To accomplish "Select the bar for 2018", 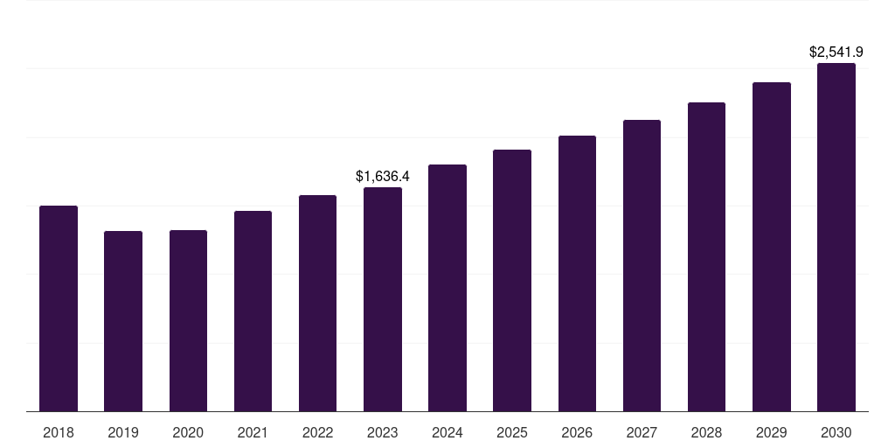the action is click(59, 309).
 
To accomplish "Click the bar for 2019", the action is click(123, 321).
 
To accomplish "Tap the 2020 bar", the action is click(189, 320).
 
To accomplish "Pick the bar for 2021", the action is click(253, 311).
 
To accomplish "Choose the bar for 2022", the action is click(317, 304).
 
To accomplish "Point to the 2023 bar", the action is click(383, 299).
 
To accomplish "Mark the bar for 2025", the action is click(512, 281).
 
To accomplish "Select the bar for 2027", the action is click(642, 266).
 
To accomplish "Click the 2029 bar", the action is click(772, 247).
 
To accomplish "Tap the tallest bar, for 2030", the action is click(836, 237).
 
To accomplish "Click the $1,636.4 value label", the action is click(383, 176).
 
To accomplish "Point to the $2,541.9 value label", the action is click(836, 52).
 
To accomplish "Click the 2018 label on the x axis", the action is click(59, 432).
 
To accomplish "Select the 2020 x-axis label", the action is click(189, 432).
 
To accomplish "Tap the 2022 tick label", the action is click(317, 432).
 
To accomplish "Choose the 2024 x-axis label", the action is click(447, 432).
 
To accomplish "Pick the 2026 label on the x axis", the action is click(577, 432).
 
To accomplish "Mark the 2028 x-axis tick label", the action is click(706, 432).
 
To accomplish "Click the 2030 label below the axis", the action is click(836, 432).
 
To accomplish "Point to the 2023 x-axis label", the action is click(383, 432).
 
